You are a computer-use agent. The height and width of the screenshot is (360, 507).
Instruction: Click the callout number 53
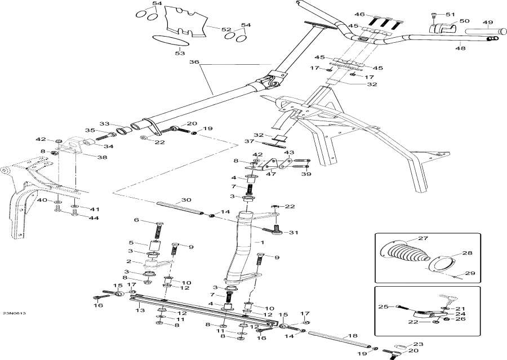click(x=179, y=54)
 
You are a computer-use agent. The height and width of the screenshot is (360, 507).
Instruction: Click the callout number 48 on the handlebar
click(x=460, y=48)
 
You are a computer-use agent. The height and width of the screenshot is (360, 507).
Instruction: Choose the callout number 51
click(x=449, y=14)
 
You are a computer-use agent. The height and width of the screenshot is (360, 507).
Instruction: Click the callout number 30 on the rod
click(x=186, y=200)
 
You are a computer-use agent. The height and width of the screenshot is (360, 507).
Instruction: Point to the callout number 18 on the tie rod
click(x=353, y=335)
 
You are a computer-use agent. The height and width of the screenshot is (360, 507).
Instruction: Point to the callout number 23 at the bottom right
click(x=417, y=344)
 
